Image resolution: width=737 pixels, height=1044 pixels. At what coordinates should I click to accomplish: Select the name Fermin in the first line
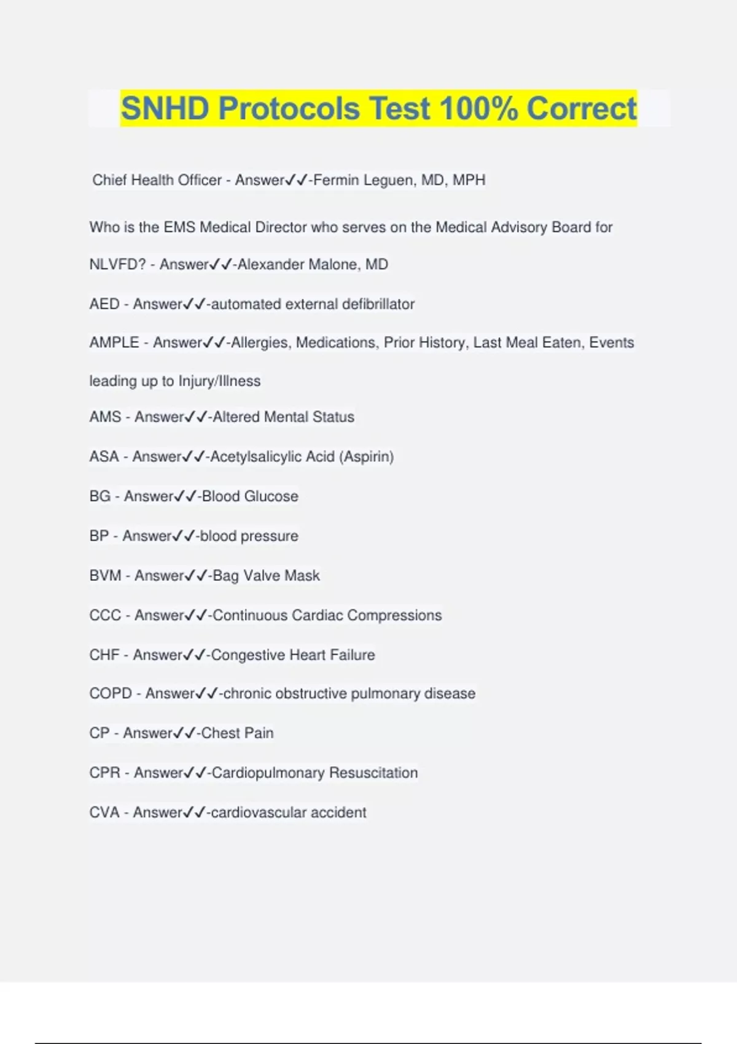pos(336,180)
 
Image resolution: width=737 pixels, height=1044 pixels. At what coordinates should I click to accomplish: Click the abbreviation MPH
pos(469,180)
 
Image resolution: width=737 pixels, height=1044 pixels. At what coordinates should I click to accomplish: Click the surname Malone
pos(334,265)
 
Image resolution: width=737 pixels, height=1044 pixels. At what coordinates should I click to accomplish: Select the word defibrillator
pos(378,304)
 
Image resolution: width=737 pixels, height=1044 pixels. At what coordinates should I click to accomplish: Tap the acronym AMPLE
pos(114,343)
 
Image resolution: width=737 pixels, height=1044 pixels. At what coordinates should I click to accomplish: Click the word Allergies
pos(259,343)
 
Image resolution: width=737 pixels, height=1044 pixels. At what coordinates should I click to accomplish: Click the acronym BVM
pos(105,575)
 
